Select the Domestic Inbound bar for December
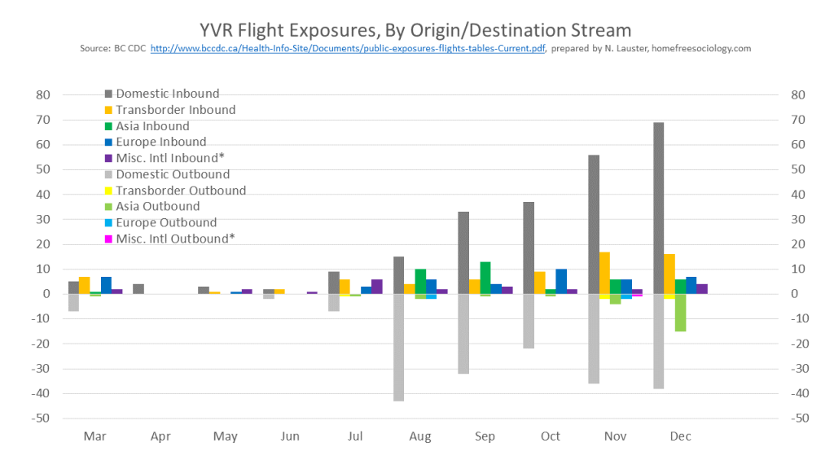659,208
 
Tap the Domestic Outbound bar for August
399,347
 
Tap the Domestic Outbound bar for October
529,321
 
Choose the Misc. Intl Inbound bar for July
377,287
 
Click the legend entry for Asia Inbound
152,126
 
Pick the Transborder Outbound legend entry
180,191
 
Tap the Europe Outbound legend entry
166,222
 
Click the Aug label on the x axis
420,436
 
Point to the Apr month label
160,436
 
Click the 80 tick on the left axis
43,94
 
